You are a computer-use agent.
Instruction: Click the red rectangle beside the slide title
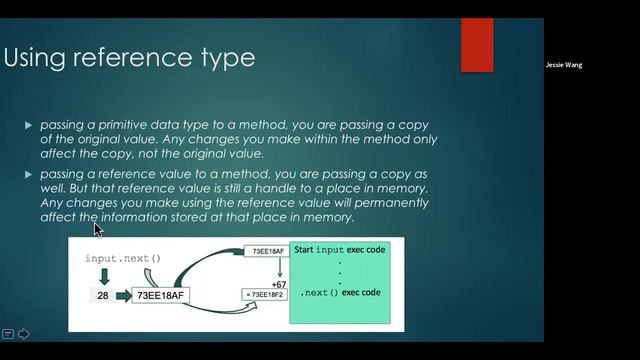[477, 45]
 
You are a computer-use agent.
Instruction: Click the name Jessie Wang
[564, 65]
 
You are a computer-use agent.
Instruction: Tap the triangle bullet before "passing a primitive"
[28, 126]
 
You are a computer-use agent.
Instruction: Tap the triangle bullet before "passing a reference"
[28, 175]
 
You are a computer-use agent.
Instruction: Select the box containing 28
[102, 296]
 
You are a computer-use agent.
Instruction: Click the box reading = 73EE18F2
[264, 295]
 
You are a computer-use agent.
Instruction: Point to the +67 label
[279, 284]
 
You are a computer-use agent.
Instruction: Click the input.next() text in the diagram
[123, 258]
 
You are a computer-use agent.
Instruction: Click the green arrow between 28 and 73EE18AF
[124, 296]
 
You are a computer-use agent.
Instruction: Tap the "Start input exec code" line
[339, 249]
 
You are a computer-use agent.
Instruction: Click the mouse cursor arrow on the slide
[97, 229]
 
